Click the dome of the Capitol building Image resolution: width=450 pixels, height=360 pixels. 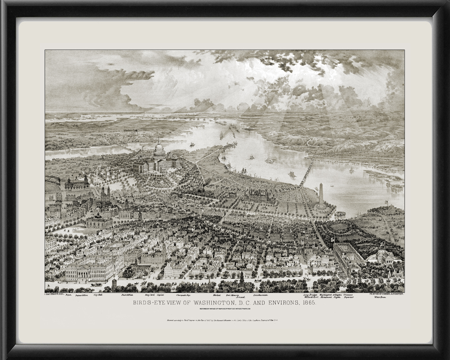(x=160, y=149)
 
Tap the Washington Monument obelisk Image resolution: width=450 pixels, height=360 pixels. (x=321, y=195)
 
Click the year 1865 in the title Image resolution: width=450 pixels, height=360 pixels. (x=307, y=303)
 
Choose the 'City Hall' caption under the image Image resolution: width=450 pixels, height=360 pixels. (x=98, y=295)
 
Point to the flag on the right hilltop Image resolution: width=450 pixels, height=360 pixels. (x=386, y=202)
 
